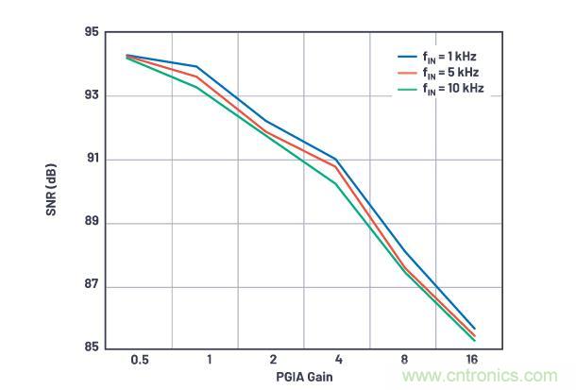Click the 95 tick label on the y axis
pyautogui.click(x=92, y=32)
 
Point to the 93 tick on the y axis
pyautogui.click(x=92, y=95)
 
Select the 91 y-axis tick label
pyautogui.click(x=92, y=159)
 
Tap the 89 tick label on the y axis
pyautogui.click(x=92, y=223)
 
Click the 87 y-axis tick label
pyautogui.click(x=92, y=286)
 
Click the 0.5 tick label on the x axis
pyautogui.click(x=139, y=361)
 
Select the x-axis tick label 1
pyautogui.click(x=208, y=361)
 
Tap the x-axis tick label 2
pyautogui.click(x=273, y=361)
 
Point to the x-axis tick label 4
pyautogui.click(x=339, y=361)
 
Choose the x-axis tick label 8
pyautogui.click(x=405, y=361)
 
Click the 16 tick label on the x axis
pyautogui.click(x=470, y=361)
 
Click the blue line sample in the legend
pyautogui.click(x=407, y=57)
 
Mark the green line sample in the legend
pyautogui.click(x=407, y=90)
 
